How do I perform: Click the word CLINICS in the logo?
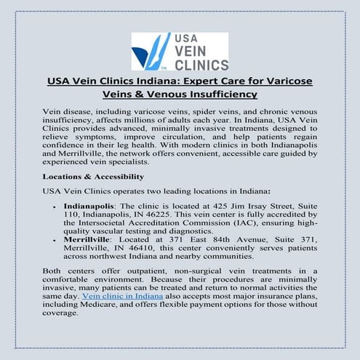(x=198, y=64)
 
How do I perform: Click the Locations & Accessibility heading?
(x=93, y=176)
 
